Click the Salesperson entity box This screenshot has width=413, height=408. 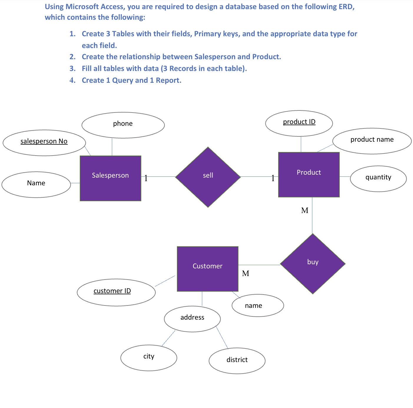pos(110,178)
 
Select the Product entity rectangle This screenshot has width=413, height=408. pos(309,174)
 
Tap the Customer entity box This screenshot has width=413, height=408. pos(208,269)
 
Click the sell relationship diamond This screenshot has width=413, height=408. pos(208,177)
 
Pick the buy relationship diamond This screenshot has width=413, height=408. pos(313,264)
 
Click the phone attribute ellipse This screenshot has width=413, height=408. pos(123,125)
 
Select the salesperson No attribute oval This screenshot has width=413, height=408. pos(44,143)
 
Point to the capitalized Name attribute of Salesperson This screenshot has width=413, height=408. pos(36,184)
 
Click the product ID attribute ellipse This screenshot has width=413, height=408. pos(299,123)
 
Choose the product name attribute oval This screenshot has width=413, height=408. pos(372,141)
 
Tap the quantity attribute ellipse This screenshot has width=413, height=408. pos(378,179)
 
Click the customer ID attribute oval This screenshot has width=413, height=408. pos(116,292)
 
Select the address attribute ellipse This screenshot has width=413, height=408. pos(192,319)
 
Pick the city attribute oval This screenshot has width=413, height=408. pos(149,358)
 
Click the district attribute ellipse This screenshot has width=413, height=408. pos(237,361)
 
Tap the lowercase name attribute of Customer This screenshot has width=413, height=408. pos(258,305)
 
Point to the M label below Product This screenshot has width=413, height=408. pos(305,210)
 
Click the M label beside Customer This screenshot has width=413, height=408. pos(246,273)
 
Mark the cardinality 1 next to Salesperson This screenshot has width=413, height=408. pos(146,178)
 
